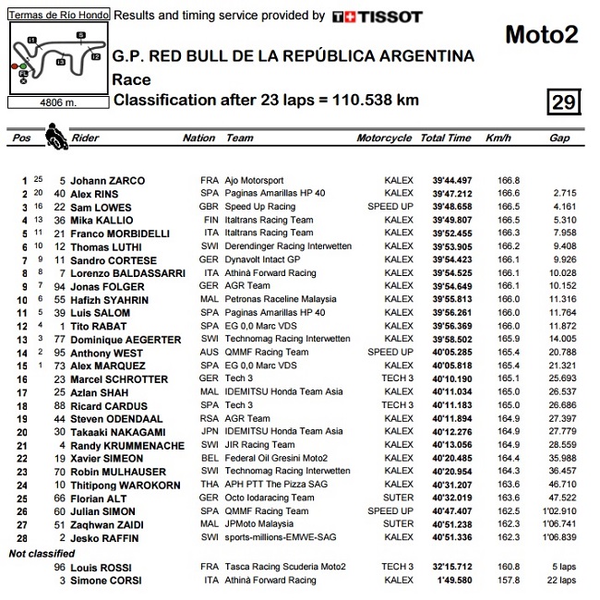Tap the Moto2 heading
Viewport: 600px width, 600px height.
542,35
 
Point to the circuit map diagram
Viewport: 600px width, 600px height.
56,57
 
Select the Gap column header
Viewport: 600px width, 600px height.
559,138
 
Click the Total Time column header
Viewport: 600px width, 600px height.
446,138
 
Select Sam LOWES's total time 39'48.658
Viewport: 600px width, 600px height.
446,207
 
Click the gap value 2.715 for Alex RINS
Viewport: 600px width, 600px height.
563,194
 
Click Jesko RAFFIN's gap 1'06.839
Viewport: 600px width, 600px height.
557,537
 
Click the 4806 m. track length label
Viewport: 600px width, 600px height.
56,102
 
